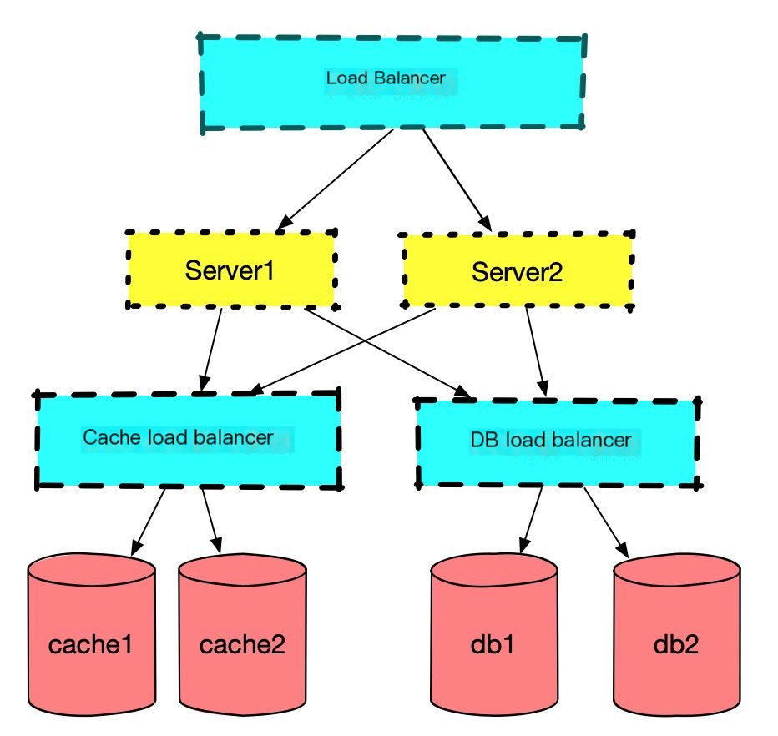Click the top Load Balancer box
click(x=392, y=83)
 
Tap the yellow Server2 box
click(x=518, y=271)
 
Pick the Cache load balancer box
click(x=187, y=438)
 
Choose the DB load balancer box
click(x=558, y=442)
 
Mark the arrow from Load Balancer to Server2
click(x=456, y=179)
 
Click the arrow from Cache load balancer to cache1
click(x=148, y=522)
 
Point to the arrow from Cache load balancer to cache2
click(x=212, y=521)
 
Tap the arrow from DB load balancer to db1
click(x=532, y=521)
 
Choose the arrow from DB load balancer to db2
click(x=608, y=522)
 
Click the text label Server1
click(x=230, y=271)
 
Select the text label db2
click(x=677, y=644)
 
